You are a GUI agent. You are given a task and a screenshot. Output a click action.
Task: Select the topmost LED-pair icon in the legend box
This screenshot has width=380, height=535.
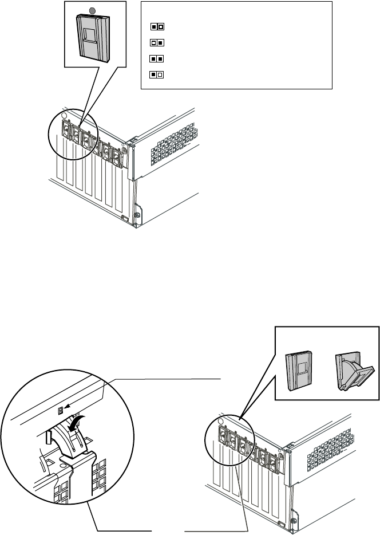(157, 26)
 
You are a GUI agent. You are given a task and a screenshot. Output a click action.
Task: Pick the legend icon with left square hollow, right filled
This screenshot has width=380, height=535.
(157, 42)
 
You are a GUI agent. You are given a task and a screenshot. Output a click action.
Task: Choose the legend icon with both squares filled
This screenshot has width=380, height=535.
(157, 58)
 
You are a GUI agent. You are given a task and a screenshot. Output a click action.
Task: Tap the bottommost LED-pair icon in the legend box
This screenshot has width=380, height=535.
(157, 74)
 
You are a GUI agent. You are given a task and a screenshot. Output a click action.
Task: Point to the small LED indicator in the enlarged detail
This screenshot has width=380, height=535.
(60, 410)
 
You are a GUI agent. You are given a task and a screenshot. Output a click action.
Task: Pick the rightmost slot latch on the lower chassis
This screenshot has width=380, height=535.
(275, 461)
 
